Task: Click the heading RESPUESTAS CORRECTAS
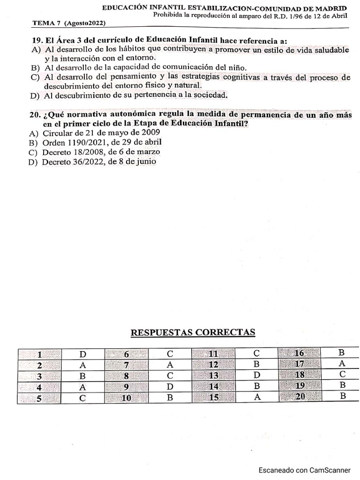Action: click(x=192, y=332)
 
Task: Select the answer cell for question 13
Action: click(x=257, y=375)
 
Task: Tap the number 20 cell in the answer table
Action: click(x=300, y=397)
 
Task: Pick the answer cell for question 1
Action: click(x=82, y=354)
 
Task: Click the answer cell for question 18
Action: click(x=342, y=375)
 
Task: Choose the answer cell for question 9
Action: click(x=170, y=387)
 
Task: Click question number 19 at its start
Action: click(x=35, y=41)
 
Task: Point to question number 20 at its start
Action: click(x=35, y=115)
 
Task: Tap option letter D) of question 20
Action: click(x=33, y=162)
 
